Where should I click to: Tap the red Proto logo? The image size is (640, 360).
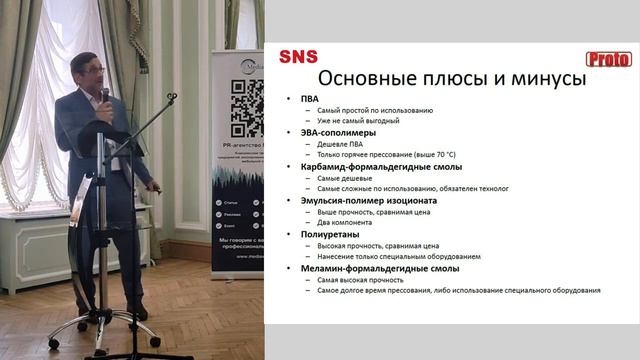(x=608, y=59)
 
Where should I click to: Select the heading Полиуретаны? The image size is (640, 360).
(x=334, y=234)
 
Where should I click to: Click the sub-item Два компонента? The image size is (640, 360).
(x=345, y=222)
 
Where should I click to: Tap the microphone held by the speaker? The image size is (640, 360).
(x=105, y=95)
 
